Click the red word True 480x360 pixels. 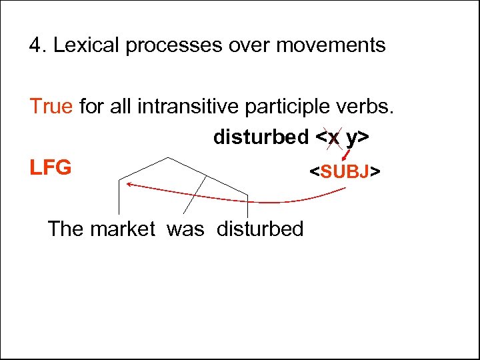(x=51, y=105)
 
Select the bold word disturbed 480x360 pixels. (x=261, y=137)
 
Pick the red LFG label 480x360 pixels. (x=50, y=167)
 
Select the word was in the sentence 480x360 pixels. (x=185, y=229)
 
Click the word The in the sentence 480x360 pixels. (x=66, y=229)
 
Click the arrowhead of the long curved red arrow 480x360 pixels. (x=125, y=183)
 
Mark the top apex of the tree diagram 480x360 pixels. (x=167, y=158)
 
